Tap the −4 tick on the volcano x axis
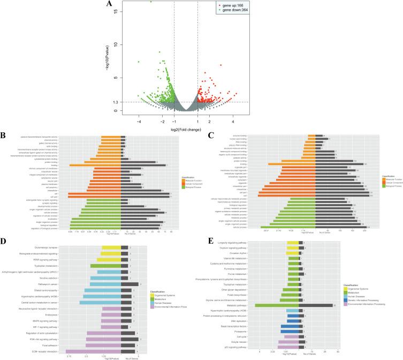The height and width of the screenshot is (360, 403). coord(139,122)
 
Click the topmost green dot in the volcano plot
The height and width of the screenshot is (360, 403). coord(151,2)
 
